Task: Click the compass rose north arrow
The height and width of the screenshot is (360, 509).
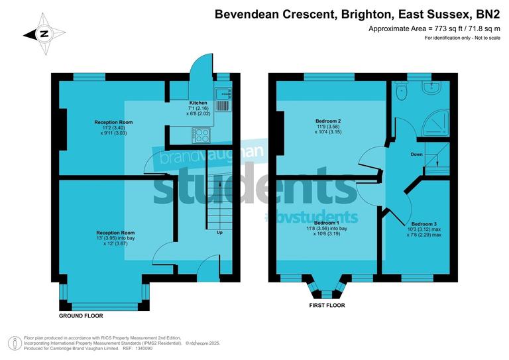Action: coord(43,34)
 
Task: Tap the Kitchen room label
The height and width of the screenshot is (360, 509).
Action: coord(198,103)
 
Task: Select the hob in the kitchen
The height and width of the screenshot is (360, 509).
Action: coord(201,135)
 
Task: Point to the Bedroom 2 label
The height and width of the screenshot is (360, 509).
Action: coord(328,121)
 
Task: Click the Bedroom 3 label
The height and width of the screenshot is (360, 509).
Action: coord(424,224)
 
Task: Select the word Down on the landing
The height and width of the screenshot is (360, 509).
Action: coord(416,154)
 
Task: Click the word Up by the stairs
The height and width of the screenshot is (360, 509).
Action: coord(219,233)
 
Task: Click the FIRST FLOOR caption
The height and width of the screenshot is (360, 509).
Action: coord(327,306)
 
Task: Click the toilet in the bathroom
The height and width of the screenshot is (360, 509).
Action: coord(400,93)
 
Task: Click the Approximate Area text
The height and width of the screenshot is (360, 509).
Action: coord(434,29)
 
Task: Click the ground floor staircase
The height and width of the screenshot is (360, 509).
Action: coord(216,199)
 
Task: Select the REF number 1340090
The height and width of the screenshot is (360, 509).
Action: coord(142,348)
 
